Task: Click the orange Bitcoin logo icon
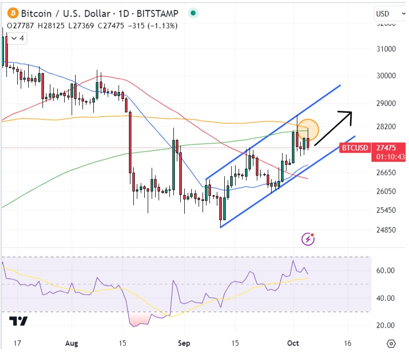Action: click(10, 13)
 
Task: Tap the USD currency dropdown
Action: click(388, 13)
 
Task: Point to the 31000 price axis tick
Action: click(385, 49)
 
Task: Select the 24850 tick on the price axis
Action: click(385, 229)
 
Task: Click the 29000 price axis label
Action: click(385, 103)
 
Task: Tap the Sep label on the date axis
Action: click(184, 343)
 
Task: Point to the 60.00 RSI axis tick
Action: click(385, 270)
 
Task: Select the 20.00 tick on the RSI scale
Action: click(385, 325)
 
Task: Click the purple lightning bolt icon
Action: click(308, 240)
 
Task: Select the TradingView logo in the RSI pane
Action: click(19, 321)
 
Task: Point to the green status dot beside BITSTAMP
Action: click(193, 13)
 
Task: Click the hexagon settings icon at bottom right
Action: click(391, 343)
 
